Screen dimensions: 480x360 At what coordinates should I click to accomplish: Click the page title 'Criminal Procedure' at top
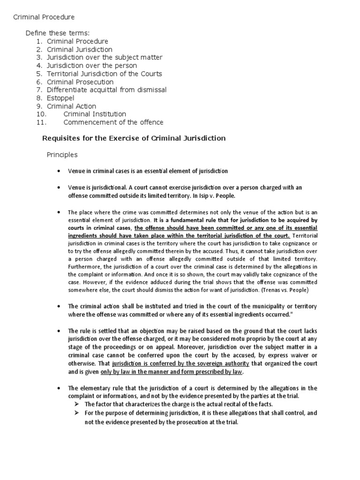[x=43, y=17]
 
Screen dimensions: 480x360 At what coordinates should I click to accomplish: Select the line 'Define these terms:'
[x=57, y=33]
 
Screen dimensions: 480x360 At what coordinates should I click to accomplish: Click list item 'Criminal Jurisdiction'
[x=79, y=49]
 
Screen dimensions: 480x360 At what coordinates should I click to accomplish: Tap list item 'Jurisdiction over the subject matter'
[x=105, y=57]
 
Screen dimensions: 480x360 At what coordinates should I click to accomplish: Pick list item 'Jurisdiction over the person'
[x=92, y=66]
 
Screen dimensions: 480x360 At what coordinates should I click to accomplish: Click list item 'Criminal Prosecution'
[x=80, y=82]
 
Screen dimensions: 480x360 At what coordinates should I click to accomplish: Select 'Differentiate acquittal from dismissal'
[x=106, y=90]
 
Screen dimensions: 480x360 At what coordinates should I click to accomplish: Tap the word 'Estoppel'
[x=61, y=98]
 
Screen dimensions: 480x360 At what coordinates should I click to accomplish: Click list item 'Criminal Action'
[x=71, y=106]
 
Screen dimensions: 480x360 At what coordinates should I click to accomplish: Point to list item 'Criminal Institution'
[x=95, y=114]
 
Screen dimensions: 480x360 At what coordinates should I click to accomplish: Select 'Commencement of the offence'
[x=113, y=123]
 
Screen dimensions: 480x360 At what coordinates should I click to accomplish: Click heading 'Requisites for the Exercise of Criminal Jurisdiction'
[x=134, y=138]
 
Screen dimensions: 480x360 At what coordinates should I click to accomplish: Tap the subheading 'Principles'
[x=62, y=154]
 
